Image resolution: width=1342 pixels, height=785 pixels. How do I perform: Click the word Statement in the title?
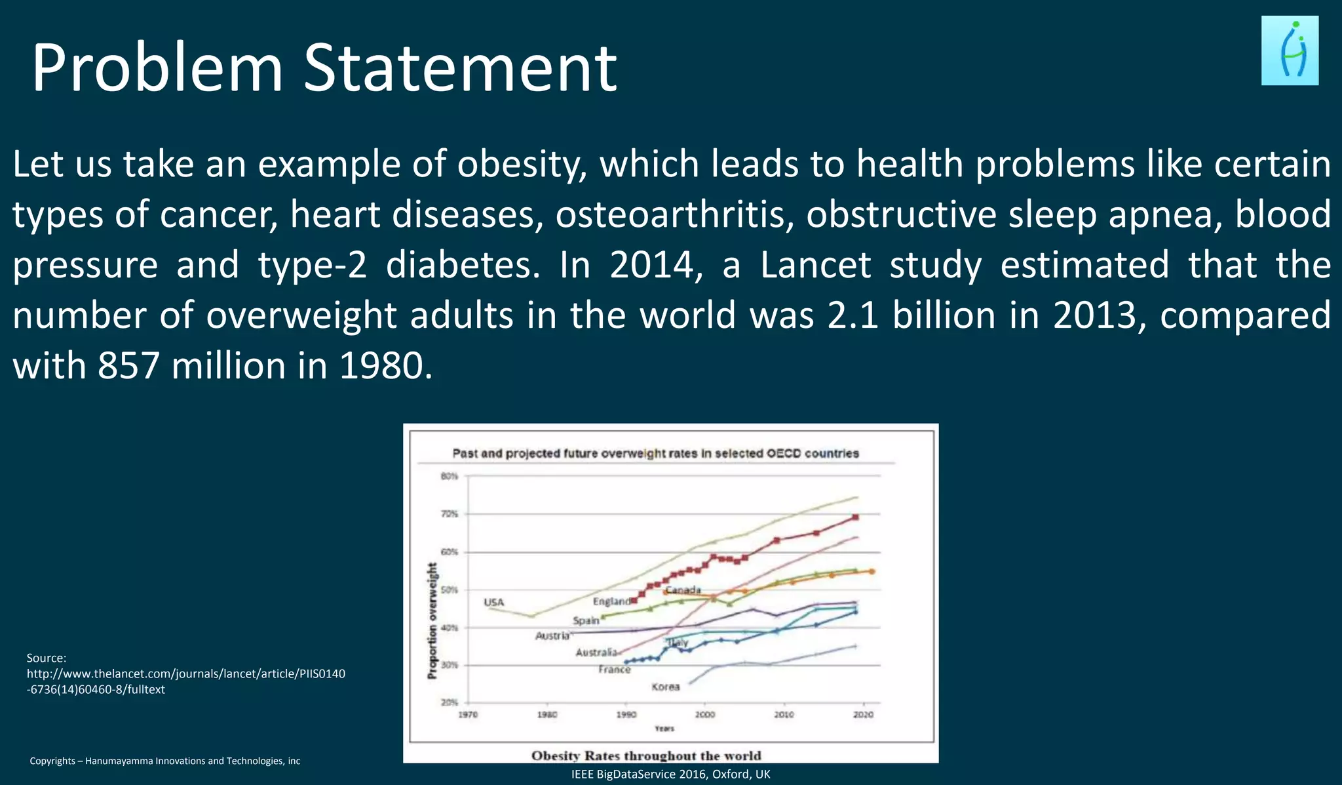coord(460,68)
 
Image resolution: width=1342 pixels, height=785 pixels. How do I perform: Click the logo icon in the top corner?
coord(1289,51)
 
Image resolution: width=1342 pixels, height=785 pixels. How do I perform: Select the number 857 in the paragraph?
coord(128,365)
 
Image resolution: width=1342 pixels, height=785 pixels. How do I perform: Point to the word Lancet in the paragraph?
coord(815,265)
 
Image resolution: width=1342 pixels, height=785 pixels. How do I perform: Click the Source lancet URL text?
coord(185,681)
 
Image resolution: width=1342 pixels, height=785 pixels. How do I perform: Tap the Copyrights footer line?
coord(164,761)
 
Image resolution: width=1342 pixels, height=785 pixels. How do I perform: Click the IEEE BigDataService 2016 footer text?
coord(670,774)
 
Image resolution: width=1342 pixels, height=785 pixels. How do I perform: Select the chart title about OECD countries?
coord(655,453)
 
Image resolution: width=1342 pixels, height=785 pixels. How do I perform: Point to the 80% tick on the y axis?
coord(449,476)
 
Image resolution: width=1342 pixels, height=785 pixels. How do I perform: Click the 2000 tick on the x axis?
coord(705,714)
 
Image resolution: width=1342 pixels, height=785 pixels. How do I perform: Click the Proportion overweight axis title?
coord(432,620)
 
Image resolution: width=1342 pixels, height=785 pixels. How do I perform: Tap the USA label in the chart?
coord(493,602)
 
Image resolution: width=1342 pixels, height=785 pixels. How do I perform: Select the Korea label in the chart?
coord(665,687)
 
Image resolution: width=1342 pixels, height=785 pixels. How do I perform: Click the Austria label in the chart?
coord(552,635)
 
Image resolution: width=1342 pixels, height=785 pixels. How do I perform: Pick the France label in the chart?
coord(614,670)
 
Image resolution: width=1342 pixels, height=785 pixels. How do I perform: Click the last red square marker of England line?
coord(855,517)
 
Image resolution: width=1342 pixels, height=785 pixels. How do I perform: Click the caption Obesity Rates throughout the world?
coord(646,755)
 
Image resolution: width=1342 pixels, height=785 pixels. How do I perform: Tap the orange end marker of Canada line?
coord(872,571)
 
